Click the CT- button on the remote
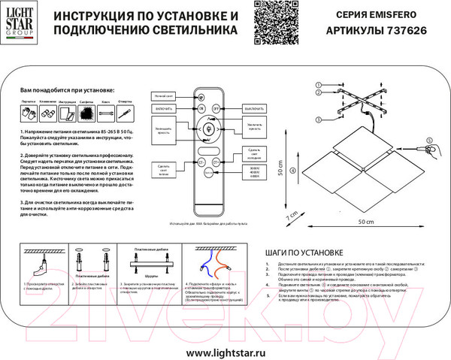(x=201, y=162)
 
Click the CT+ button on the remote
(x=216, y=162)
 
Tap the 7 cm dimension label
(x=288, y=216)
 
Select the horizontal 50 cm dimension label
(x=365, y=223)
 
